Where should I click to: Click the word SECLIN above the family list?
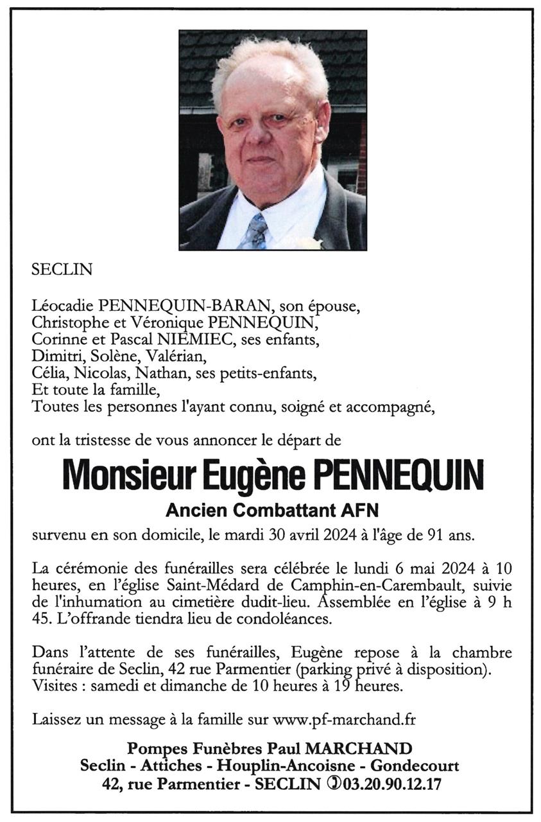coord(62,270)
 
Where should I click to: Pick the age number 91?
coord(411,536)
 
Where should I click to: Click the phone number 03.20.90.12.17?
coord(392,783)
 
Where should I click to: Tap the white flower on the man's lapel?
coord(312,243)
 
